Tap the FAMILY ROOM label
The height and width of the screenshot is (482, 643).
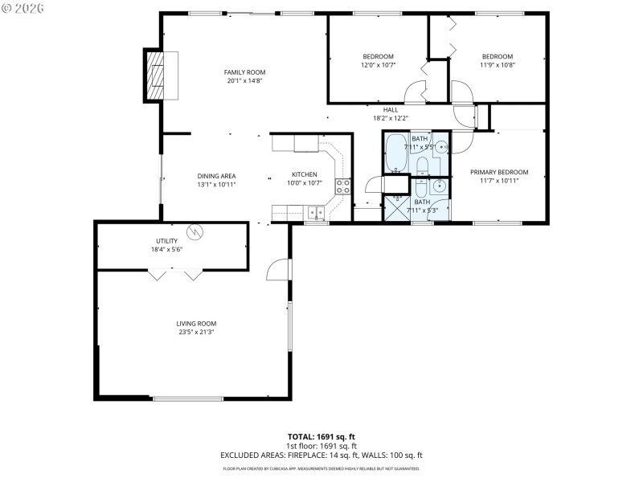tap(244, 72)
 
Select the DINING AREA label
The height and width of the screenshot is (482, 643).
tap(216, 175)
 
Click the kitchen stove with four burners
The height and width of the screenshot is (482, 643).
tap(343, 187)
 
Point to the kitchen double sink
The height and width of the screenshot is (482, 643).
tap(314, 213)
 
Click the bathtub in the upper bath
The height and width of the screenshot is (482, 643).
tap(395, 153)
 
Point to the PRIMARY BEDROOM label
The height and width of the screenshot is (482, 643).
tap(499, 172)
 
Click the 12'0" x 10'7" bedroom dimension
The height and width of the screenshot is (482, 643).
tap(377, 65)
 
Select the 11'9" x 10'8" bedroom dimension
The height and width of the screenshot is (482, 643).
tap(497, 65)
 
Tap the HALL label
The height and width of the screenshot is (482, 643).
tap(391, 110)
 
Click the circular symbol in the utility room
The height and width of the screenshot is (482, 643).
tap(194, 233)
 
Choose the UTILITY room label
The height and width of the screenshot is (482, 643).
tap(166, 241)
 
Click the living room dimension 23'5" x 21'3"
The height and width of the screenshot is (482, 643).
tap(196, 332)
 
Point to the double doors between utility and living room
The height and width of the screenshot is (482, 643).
tap(175, 275)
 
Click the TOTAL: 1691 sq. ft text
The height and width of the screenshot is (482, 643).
tap(321, 437)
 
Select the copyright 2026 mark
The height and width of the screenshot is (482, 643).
tap(24, 7)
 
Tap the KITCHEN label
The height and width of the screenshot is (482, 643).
tap(304, 175)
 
